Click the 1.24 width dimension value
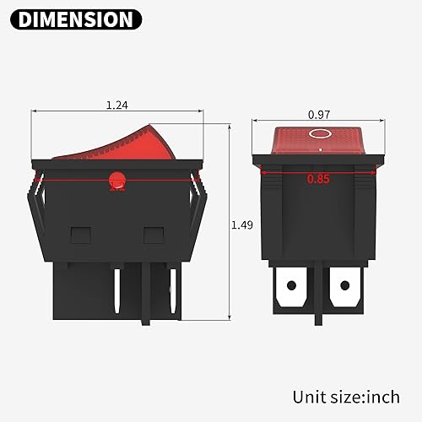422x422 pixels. tap(116, 105)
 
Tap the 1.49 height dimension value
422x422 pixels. tap(241, 225)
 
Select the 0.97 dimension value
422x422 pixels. tap(319, 113)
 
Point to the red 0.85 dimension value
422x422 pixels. tap(318, 179)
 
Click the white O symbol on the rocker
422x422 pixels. tap(319, 134)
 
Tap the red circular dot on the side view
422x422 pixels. tap(116, 178)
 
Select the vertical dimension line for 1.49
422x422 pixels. tap(229, 221)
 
